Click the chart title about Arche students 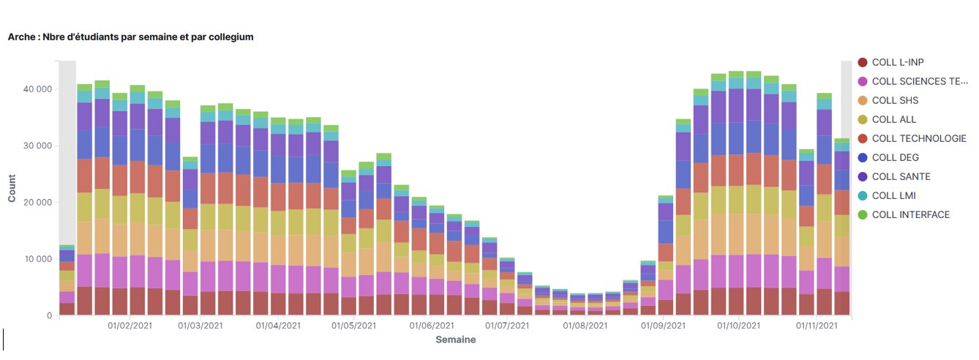click(130, 37)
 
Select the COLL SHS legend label click(895, 100)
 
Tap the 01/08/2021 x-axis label click(586, 326)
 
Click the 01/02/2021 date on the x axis click(130, 326)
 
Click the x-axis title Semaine click(455, 340)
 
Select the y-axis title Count click(12, 188)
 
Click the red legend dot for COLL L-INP click(863, 62)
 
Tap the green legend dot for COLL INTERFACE click(863, 214)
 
